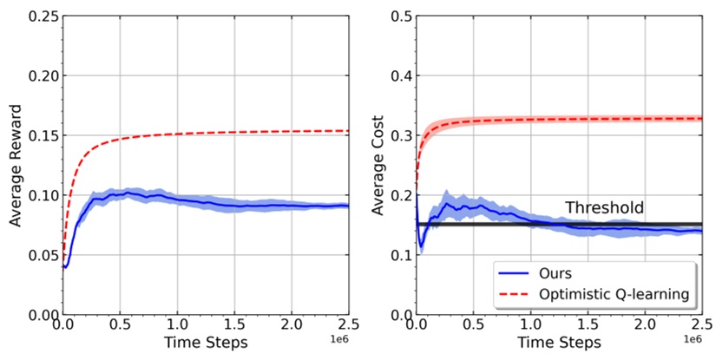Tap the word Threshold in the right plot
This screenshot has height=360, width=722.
coord(605,208)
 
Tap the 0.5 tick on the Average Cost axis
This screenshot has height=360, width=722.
coord(400,16)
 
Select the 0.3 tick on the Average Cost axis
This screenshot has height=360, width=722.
coord(400,135)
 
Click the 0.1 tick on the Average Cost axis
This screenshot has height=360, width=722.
coord(400,255)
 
